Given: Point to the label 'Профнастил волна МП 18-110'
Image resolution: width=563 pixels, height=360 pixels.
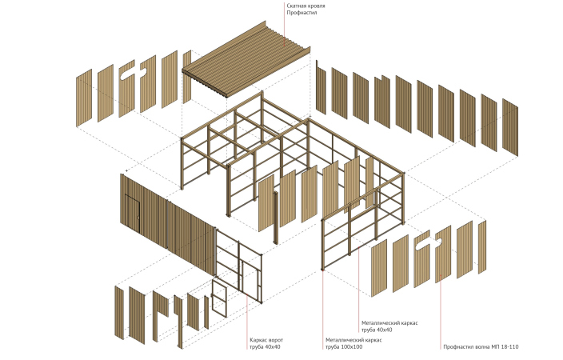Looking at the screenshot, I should coord(481,347).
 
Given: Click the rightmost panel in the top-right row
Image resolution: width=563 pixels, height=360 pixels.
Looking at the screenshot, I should coord(509,124).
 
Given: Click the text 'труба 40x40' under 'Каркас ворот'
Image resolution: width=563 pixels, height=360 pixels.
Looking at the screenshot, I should coord(266,347).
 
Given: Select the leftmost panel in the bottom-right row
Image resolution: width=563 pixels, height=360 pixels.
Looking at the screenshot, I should coord(379,266).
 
